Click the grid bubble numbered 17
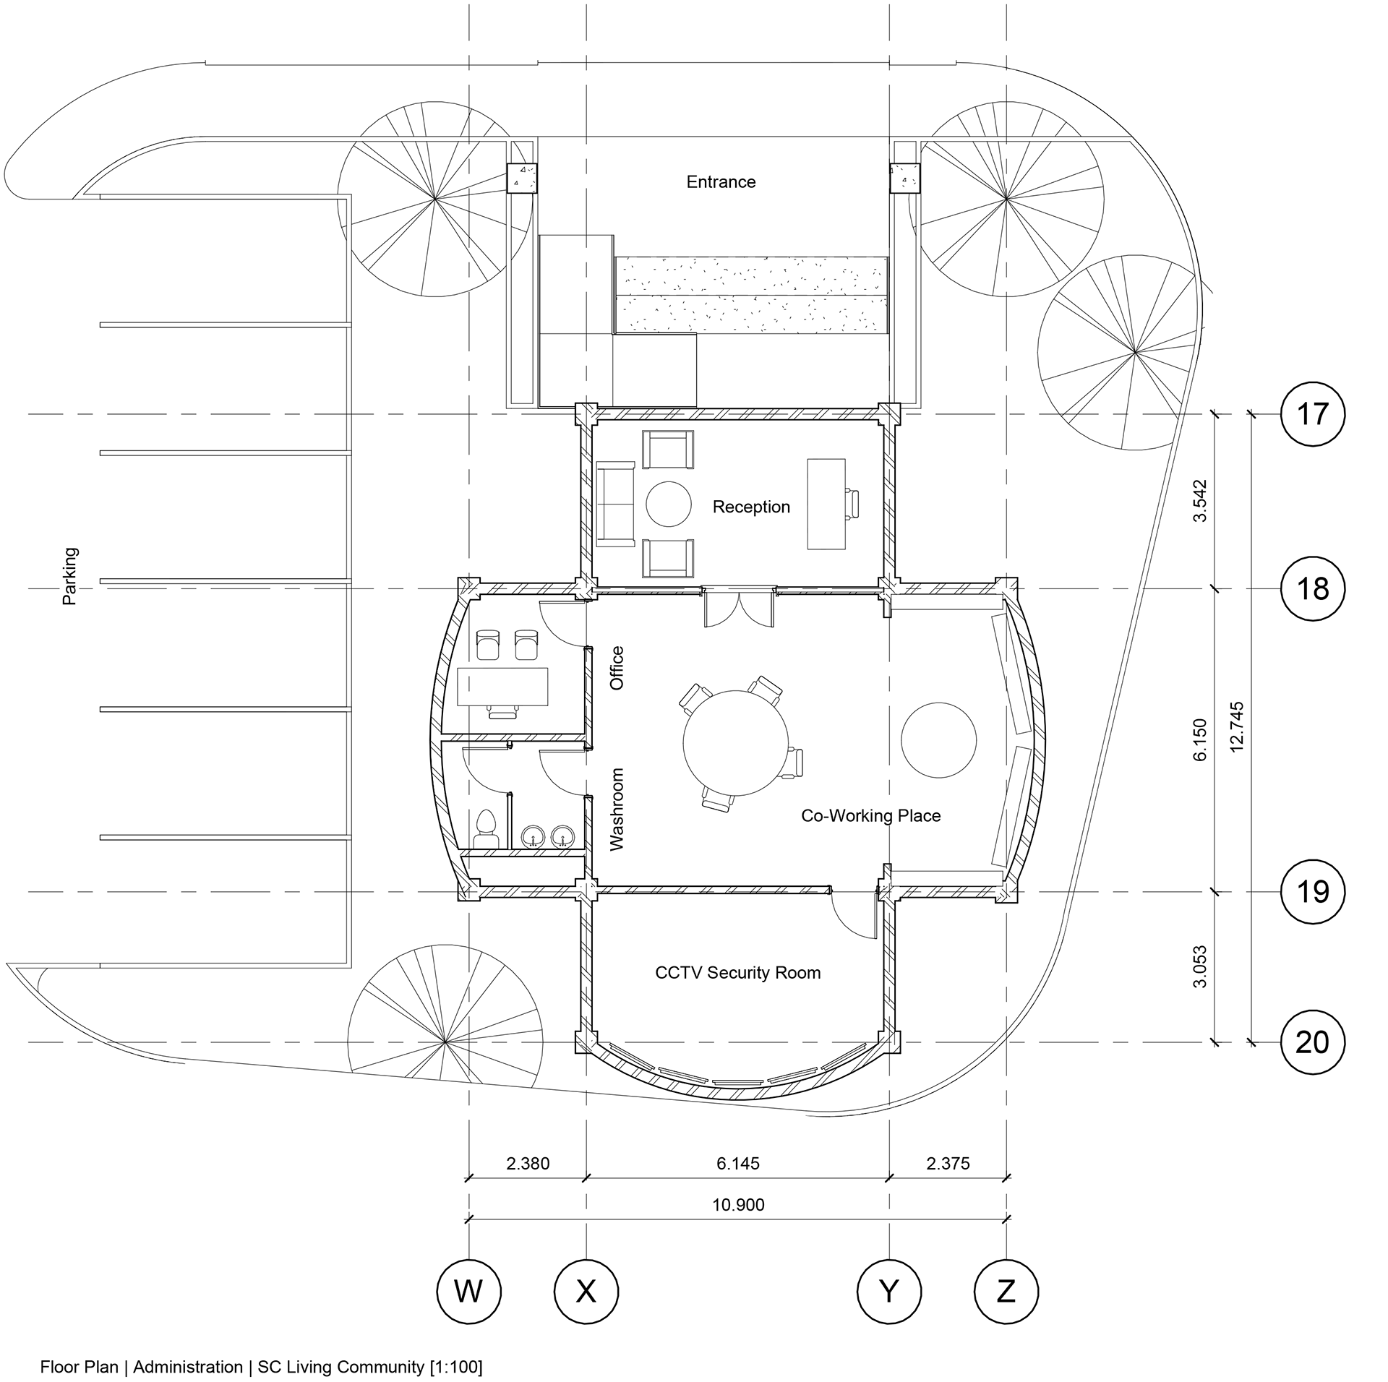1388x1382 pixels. coord(1312,414)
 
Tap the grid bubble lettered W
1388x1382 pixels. coord(469,1290)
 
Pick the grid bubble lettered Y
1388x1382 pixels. coord(888,1290)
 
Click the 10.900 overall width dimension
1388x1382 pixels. coord(738,1205)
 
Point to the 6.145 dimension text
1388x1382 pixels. coord(738,1164)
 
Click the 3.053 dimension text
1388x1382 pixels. coord(1200,966)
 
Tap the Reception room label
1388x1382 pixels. coord(751,507)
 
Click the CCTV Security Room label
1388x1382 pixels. coord(737,972)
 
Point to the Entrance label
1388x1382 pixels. coord(721,181)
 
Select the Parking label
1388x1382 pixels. coord(69,576)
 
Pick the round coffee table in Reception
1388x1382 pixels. coord(669,504)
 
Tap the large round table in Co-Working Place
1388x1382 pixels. coord(735,742)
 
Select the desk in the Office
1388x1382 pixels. coord(502,687)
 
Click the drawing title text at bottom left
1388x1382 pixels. coord(261,1367)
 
